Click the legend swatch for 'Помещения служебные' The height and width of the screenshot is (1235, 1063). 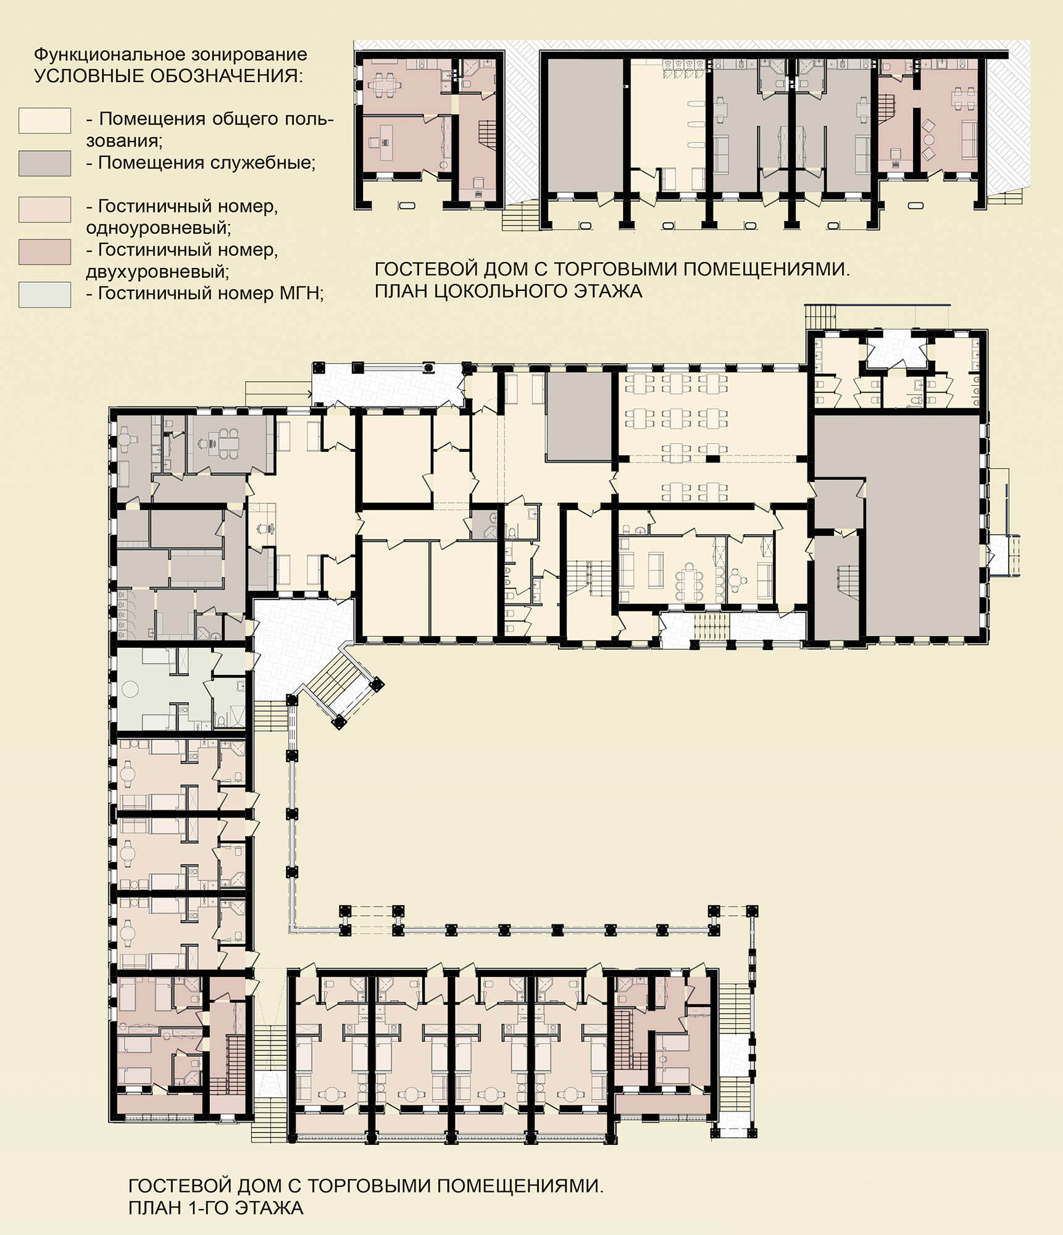(x=44, y=164)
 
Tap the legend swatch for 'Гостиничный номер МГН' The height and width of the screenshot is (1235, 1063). (x=44, y=295)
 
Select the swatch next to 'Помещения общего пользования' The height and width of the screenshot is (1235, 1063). (x=44, y=120)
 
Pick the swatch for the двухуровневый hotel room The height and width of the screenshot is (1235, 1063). (x=44, y=252)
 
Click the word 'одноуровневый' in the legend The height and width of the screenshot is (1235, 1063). (x=159, y=228)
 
